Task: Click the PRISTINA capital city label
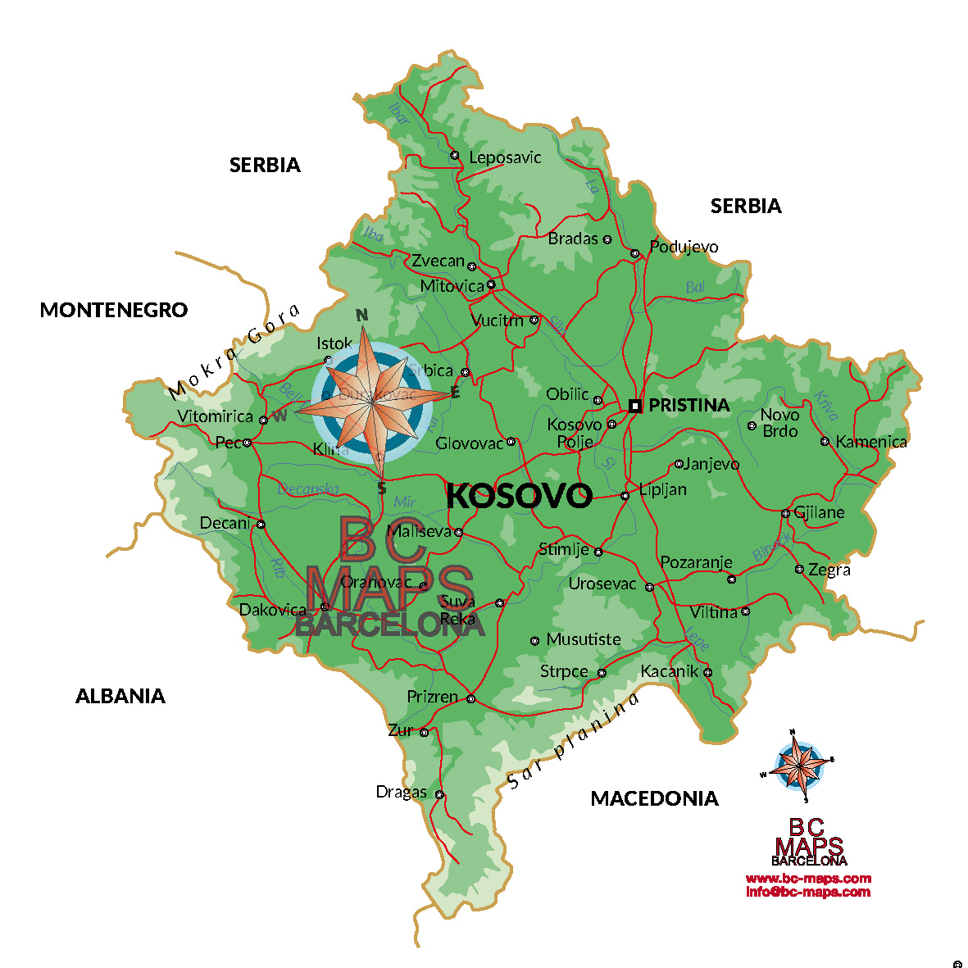pos(689,405)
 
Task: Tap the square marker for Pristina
pos(635,406)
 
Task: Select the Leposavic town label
pos(505,157)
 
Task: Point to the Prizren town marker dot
pos(470,699)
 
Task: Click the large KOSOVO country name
pos(519,496)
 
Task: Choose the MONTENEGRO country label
pos(114,310)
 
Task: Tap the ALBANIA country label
pos(120,696)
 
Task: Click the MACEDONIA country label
pos(654,798)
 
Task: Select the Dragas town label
pos(401,792)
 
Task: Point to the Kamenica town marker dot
pos(825,442)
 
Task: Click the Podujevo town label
pos(684,247)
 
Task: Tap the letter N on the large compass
pos(361,315)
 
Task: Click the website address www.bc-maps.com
pos(808,879)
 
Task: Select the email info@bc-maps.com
pos(808,892)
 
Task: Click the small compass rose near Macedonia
pos(797,764)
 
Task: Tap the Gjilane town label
pos(819,513)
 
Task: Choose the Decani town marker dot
pos(261,525)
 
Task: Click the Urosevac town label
pos(602,584)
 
